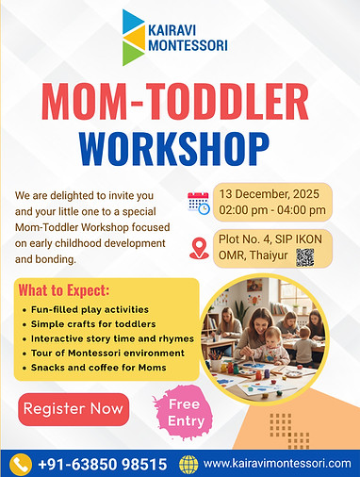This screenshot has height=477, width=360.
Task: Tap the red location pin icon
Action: [199, 248]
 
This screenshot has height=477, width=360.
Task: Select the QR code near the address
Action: [304, 258]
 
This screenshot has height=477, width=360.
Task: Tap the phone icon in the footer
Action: [21, 464]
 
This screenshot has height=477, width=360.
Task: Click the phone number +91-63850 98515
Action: [102, 464]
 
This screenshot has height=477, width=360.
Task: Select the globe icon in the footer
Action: [189, 464]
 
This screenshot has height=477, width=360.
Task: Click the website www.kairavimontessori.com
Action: [275, 464]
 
